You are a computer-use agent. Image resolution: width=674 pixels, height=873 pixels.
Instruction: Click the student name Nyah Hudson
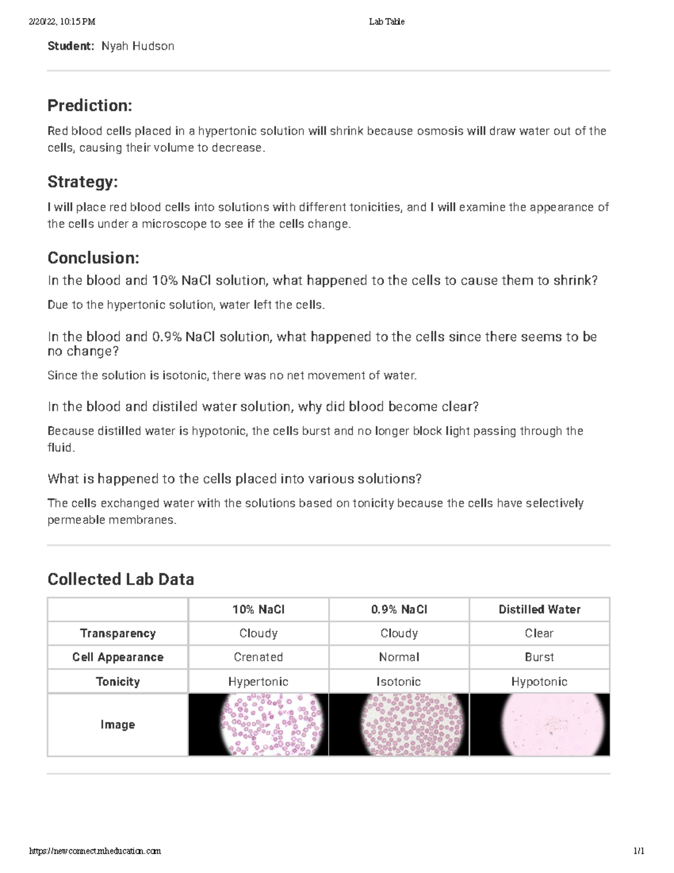tap(138, 46)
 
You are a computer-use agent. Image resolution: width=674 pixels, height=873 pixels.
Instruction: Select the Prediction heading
tap(90, 105)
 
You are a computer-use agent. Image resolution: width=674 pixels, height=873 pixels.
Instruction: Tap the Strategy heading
tap(83, 182)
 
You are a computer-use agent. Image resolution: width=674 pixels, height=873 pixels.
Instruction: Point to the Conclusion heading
tap(93, 258)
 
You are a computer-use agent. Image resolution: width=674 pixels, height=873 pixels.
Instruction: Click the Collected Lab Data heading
tap(121, 579)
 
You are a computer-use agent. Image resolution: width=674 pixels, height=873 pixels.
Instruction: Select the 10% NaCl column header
tap(258, 609)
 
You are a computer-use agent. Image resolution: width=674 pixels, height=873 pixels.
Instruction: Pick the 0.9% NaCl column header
tap(399, 609)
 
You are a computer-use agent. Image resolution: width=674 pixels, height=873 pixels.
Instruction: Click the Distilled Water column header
tap(539, 609)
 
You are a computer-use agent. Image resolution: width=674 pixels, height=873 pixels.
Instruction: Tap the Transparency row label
tap(117, 634)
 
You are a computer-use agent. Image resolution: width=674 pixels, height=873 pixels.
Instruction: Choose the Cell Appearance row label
tap(117, 657)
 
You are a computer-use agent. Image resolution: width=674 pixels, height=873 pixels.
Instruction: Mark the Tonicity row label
tap(117, 681)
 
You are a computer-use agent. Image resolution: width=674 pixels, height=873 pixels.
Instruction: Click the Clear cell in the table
tap(539, 634)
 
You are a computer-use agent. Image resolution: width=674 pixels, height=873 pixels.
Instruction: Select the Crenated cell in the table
tap(258, 657)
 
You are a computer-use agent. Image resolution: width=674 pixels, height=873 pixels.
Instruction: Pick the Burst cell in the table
tap(539, 657)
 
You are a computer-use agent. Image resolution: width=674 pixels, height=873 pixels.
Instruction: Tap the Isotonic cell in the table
tap(399, 681)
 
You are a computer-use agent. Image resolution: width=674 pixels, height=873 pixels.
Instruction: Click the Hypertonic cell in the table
tap(258, 681)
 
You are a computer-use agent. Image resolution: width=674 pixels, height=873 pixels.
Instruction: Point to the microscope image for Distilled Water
tap(539, 725)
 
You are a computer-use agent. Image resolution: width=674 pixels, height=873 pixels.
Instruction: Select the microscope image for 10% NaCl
tap(258, 725)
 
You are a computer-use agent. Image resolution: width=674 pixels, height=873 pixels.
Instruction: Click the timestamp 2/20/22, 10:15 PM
tap(62, 21)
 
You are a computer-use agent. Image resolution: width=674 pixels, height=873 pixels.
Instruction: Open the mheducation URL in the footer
tap(95, 851)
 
